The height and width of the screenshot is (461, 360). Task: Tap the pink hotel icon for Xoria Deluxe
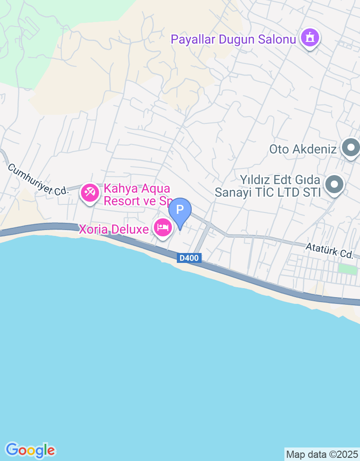[x=162, y=227]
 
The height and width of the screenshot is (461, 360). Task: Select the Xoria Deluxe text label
[x=114, y=230]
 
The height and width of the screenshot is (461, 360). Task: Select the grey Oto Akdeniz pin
[x=350, y=147]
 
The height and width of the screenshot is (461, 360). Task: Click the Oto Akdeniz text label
[x=303, y=149]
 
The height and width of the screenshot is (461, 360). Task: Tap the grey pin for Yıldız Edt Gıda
[x=334, y=184]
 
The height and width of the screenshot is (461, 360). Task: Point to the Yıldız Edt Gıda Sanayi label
[x=267, y=186]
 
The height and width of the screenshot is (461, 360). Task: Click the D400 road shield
[x=189, y=258]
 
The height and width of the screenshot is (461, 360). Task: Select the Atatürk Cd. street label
[x=329, y=250]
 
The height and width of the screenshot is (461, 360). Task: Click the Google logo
[x=31, y=450]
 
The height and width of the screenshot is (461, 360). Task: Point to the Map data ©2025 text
[x=322, y=454]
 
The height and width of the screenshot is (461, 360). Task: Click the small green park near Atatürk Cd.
[x=346, y=269]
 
